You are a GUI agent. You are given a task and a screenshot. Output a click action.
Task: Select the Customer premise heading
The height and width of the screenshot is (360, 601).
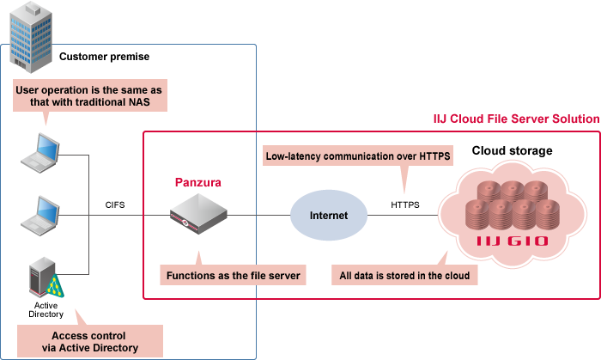[104, 57]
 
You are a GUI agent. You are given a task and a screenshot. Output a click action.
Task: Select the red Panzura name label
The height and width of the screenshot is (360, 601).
[199, 182]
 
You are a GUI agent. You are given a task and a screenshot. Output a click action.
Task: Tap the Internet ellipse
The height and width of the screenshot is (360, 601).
[328, 215]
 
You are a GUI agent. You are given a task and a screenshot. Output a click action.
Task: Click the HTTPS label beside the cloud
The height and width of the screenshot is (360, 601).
[405, 204]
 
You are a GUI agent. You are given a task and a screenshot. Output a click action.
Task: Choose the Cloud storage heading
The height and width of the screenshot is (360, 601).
[512, 151]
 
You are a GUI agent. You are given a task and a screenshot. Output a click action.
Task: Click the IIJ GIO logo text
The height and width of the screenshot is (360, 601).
[512, 241]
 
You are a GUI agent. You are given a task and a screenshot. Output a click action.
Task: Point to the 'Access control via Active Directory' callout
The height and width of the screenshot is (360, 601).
[89, 341]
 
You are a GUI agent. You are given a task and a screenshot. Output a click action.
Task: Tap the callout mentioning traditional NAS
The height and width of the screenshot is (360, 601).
[89, 97]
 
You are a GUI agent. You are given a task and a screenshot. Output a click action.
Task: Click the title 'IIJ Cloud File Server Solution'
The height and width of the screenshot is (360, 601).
[516, 119]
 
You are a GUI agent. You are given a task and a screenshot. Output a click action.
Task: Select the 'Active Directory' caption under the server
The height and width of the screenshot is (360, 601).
[47, 309]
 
